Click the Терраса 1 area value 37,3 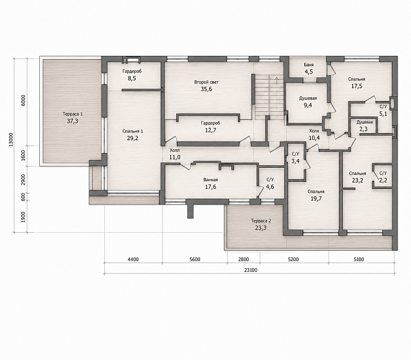pos(72,121)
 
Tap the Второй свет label pos(206,82)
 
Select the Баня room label pos(309,65)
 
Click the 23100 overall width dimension pos(251,270)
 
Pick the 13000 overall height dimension pos(11,139)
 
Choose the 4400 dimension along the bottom pos(133,259)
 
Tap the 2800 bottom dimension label pos(243,259)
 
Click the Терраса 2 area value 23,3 pos(260,228)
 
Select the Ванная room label pos(210,180)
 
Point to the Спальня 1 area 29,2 pos(132,138)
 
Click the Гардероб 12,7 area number pos(210,130)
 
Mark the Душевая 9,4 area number pos(307,105)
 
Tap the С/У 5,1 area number pos(383,114)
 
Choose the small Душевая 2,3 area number pos(365,129)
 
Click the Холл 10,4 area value pos(314,138)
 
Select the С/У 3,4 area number pos(295,161)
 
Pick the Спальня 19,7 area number pos(316,199)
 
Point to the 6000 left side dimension pos(23,100)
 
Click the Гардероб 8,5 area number pos(132,78)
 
